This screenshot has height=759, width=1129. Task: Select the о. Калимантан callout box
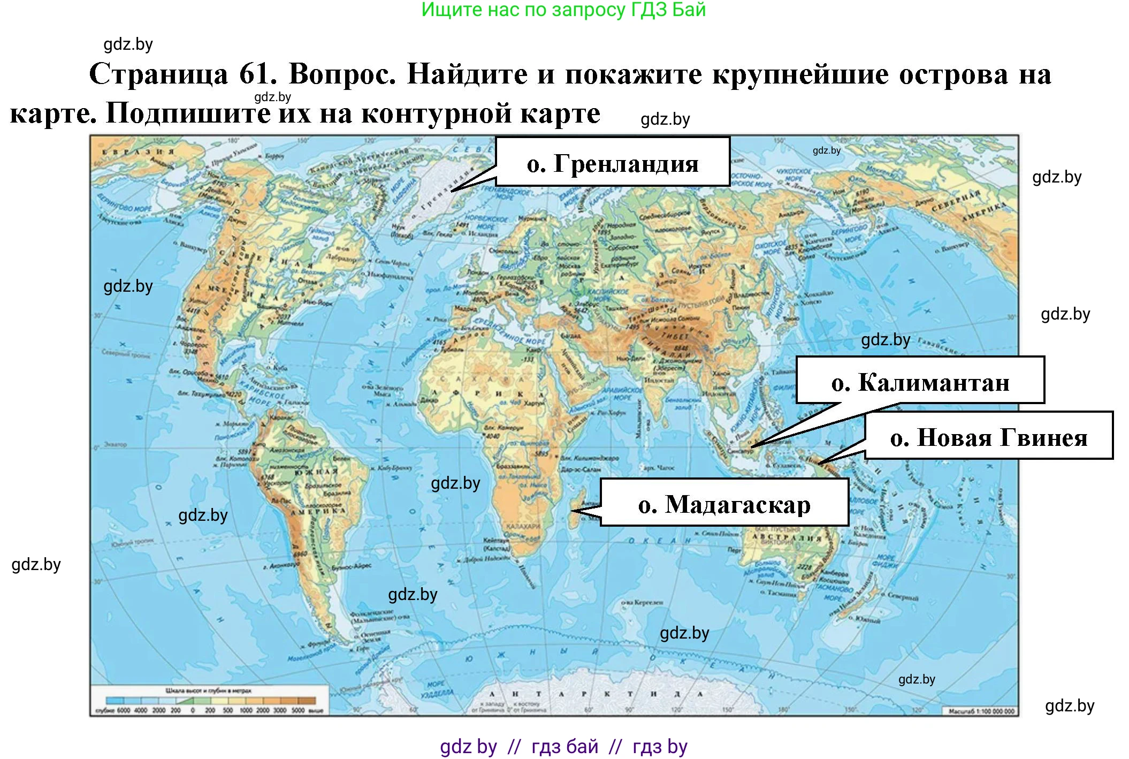pos(920,381)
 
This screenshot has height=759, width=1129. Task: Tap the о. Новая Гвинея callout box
pos(988,436)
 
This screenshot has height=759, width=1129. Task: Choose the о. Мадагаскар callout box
pos(724,503)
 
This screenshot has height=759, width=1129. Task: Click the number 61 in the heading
pos(257,74)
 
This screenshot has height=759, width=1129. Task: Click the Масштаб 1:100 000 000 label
pos(981,711)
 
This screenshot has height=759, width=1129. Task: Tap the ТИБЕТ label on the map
pos(675,336)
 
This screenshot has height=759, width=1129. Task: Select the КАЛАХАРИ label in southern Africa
pos(523,526)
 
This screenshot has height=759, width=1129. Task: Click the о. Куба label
pos(278,368)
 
